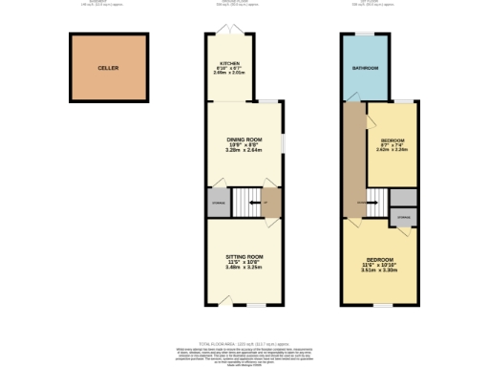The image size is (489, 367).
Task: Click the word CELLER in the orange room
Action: (108, 69)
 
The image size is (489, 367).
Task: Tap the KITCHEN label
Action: (229, 63)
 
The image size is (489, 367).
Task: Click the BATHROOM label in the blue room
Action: (366, 69)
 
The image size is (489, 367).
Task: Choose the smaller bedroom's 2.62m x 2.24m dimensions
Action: (393, 150)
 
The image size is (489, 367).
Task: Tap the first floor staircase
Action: (378, 200)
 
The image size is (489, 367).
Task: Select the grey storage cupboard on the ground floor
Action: (218, 202)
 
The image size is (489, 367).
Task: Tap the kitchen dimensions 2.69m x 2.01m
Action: (229, 75)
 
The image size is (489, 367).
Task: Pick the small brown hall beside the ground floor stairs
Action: (270, 202)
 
